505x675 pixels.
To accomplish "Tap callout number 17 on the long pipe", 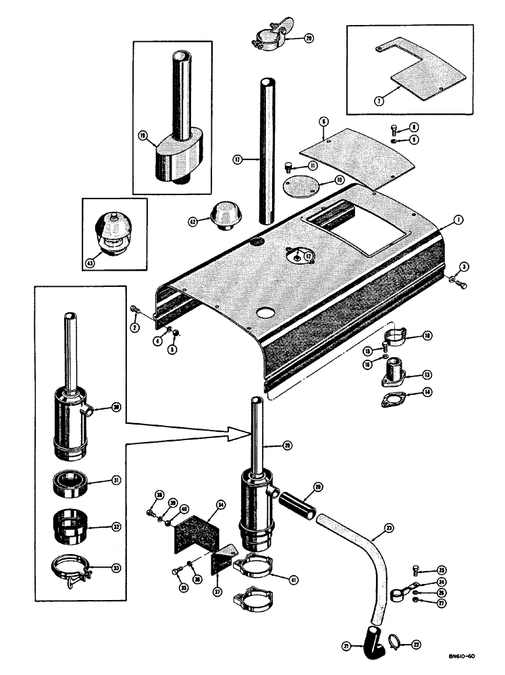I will (238, 159).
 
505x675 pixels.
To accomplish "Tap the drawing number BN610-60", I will (467, 654).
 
